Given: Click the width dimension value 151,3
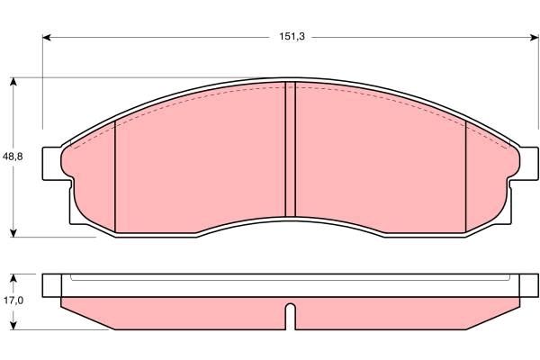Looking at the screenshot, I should click(290, 37).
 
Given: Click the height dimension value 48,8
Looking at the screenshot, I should click(13, 156).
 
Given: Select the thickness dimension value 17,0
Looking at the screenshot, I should click(13, 302).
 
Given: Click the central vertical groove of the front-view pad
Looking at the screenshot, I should click(290, 148).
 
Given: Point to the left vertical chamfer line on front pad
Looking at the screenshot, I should click(116, 175).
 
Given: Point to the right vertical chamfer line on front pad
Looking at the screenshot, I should click(464, 175).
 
